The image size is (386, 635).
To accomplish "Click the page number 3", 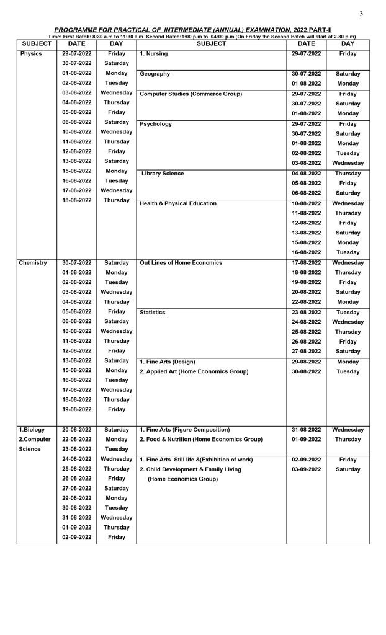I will point(361,14).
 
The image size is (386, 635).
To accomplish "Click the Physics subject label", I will point(31,54).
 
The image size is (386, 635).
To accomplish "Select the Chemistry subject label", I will point(33,263).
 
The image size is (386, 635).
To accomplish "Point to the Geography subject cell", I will point(155,74).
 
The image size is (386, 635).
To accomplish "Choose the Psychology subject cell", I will point(156,124).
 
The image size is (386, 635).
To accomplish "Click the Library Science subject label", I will point(163,174).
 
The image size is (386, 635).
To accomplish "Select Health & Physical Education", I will point(178,203).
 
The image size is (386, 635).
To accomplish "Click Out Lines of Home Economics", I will point(181,263).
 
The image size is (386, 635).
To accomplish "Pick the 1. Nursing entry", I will point(154,54).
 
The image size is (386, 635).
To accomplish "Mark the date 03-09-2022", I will point(306,469).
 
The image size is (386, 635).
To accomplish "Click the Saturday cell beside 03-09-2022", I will point(348,469).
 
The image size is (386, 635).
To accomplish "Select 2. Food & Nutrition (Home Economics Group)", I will point(201,440).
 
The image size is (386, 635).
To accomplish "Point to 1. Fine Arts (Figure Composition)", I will point(185,430).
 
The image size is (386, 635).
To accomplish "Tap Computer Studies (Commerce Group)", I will point(191,94).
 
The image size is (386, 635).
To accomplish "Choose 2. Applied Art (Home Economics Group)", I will point(194,371).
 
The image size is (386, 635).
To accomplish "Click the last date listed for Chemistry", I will point(76,409).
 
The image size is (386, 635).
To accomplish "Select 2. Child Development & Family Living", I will point(191,469).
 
